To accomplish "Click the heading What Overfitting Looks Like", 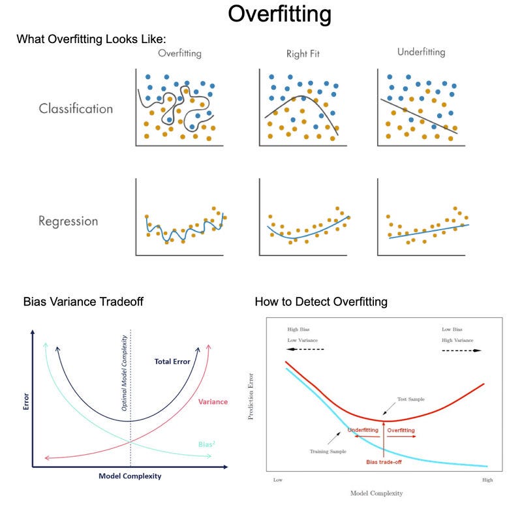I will click(91, 39).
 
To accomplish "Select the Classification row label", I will click(75, 108).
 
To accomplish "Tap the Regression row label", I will click(68, 221).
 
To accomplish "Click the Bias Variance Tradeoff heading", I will click(83, 301).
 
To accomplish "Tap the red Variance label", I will click(213, 402).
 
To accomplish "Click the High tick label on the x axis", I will click(487, 480).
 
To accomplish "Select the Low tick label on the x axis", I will click(277, 480).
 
